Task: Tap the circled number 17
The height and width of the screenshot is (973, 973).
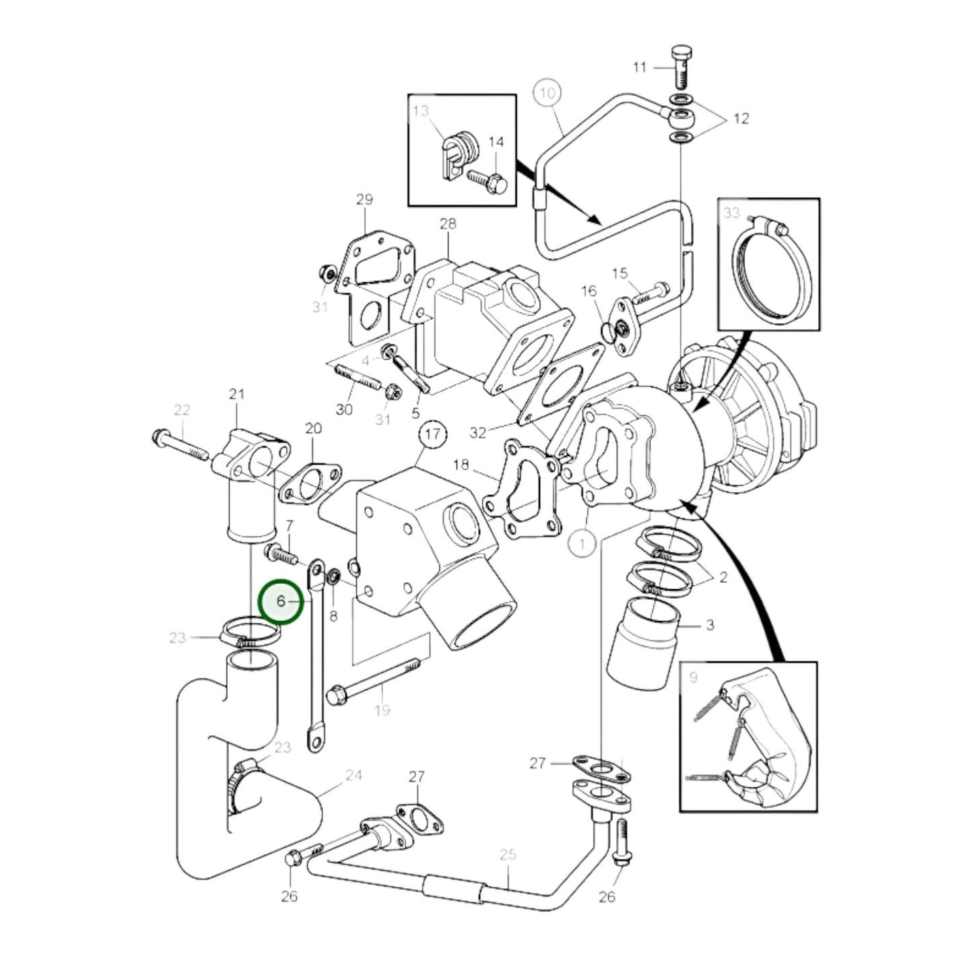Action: pos(433,434)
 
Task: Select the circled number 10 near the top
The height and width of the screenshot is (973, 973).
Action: pos(548,93)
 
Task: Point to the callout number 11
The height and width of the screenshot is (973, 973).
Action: pos(640,67)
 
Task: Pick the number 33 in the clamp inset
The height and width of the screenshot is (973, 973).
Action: pos(732,213)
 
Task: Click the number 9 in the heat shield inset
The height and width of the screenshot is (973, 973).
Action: pos(694,678)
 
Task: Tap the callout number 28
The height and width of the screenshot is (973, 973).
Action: pos(448,223)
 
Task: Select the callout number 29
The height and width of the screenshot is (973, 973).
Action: pos(364,199)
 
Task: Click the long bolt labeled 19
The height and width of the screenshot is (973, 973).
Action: pos(374,683)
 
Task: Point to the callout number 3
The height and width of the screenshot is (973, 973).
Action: pos(710,625)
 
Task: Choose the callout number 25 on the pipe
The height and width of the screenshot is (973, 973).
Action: pos(508,855)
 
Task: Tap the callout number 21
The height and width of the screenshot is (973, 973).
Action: pos(236,394)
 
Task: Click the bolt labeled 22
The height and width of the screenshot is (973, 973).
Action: pos(180,445)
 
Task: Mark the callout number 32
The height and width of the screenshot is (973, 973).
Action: pos(477,432)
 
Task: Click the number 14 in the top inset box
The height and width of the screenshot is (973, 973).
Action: pos(496,142)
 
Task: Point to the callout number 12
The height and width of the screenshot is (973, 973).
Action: pos(741,119)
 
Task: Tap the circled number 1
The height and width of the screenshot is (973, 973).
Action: pos(582,543)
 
